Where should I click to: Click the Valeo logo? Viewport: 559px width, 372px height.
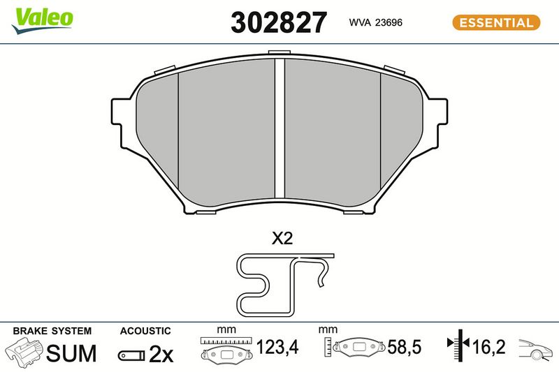coord(43,20)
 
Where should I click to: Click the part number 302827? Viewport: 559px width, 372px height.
coord(278,22)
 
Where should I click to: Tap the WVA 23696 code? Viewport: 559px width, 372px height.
coord(375,22)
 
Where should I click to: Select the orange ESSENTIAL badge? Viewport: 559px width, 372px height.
coord(496,22)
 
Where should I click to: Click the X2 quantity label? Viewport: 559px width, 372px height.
coord(282,238)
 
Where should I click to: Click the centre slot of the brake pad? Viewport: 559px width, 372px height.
coord(280,128)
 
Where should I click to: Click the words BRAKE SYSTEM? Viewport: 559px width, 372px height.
coord(52,331)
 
